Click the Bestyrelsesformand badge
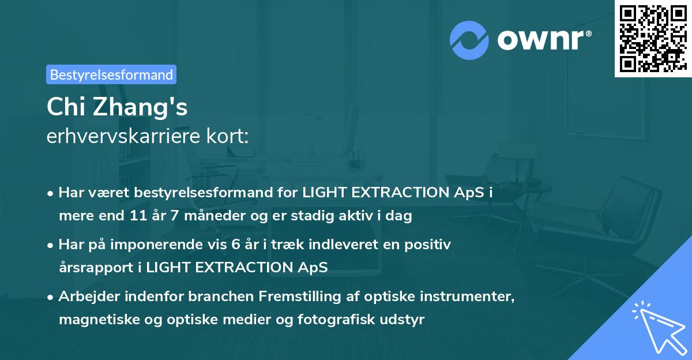click(x=111, y=74)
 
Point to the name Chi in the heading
click(x=65, y=107)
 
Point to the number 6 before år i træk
click(x=235, y=245)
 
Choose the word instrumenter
click(x=468, y=297)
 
